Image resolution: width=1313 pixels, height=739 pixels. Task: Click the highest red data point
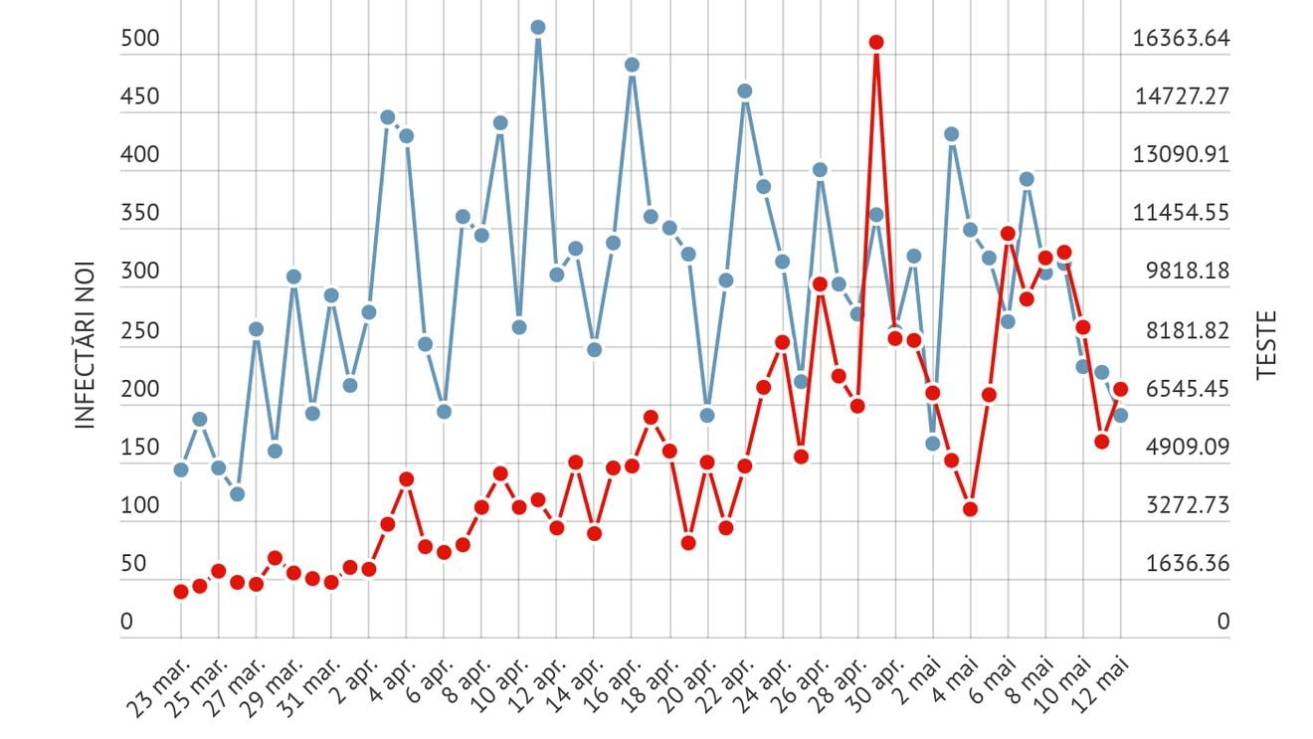coord(876,42)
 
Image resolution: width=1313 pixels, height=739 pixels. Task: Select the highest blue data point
coord(538,27)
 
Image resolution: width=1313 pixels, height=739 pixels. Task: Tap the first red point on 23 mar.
coord(181,591)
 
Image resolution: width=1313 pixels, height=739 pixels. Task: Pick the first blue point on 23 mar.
coord(181,469)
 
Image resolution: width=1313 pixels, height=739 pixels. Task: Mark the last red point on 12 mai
coord(1121,389)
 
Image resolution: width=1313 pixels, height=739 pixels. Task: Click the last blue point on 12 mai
coord(1121,416)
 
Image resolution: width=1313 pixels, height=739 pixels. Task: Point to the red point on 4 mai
coord(970,509)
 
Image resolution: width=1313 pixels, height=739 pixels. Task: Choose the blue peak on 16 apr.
coord(632,65)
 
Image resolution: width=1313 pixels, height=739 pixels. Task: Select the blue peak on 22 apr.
coord(744,91)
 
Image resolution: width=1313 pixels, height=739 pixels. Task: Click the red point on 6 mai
coord(1008,234)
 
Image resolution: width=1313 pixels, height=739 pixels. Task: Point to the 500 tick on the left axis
coord(139,39)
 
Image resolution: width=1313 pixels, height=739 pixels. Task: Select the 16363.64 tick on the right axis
coord(1181,39)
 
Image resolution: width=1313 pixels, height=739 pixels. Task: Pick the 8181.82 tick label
coord(1181,330)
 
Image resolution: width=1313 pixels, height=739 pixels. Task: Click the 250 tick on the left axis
coord(139,330)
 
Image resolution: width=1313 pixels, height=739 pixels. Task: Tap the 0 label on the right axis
coord(1222,623)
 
